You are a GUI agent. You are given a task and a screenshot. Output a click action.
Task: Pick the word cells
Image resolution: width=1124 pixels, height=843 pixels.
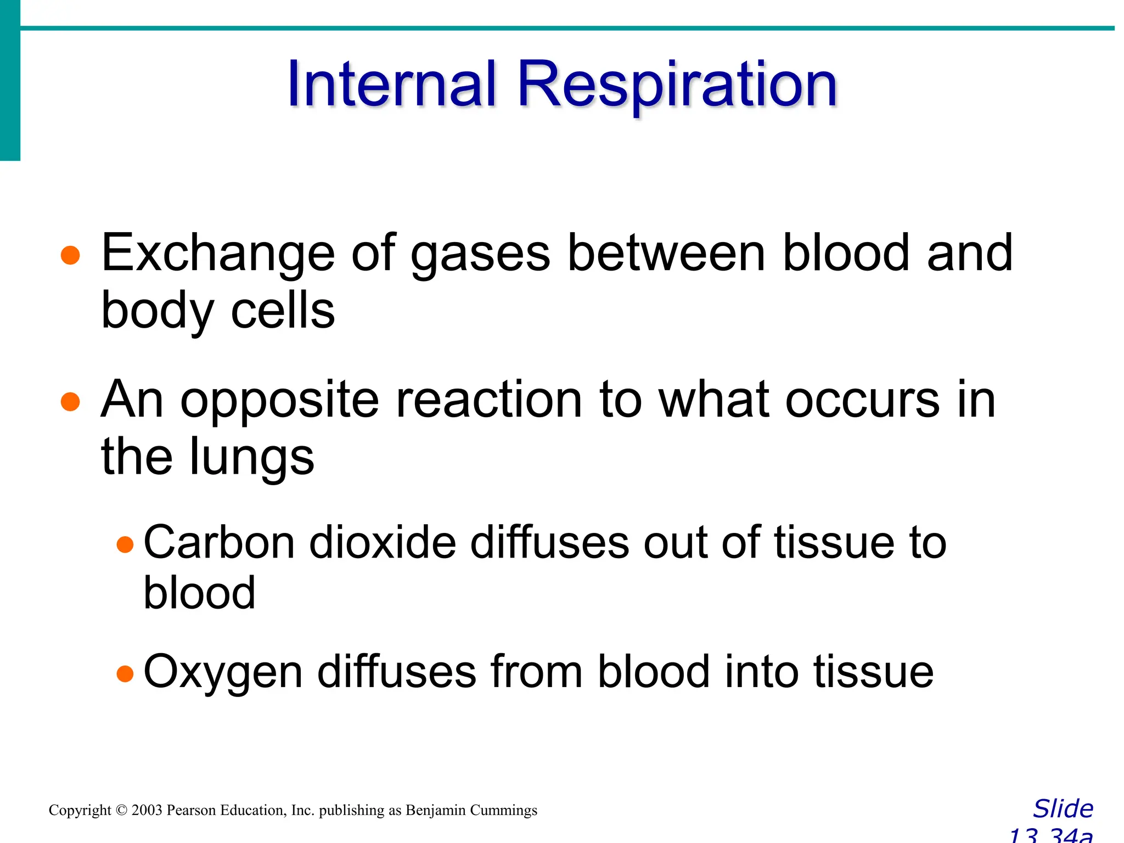tap(283, 311)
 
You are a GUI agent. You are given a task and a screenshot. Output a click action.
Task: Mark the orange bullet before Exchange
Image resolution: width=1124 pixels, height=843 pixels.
tap(71, 255)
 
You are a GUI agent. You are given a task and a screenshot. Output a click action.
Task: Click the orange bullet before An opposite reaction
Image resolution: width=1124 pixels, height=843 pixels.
tap(71, 401)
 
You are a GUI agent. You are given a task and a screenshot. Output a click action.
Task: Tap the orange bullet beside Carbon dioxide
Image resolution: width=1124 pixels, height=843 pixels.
tap(125, 544)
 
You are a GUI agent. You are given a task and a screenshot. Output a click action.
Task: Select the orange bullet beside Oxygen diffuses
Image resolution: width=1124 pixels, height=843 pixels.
tap(125, 673)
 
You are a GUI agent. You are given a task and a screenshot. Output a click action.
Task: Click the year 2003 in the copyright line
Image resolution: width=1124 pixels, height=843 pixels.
tap(147, 811)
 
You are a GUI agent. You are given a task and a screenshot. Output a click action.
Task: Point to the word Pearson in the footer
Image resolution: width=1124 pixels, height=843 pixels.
tap(191, 811)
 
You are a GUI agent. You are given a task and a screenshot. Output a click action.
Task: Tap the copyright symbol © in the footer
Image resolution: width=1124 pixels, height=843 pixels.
tap(121, 811)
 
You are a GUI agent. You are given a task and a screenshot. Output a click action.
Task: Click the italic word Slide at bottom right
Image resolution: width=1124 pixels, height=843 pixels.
tap(1063, 809)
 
